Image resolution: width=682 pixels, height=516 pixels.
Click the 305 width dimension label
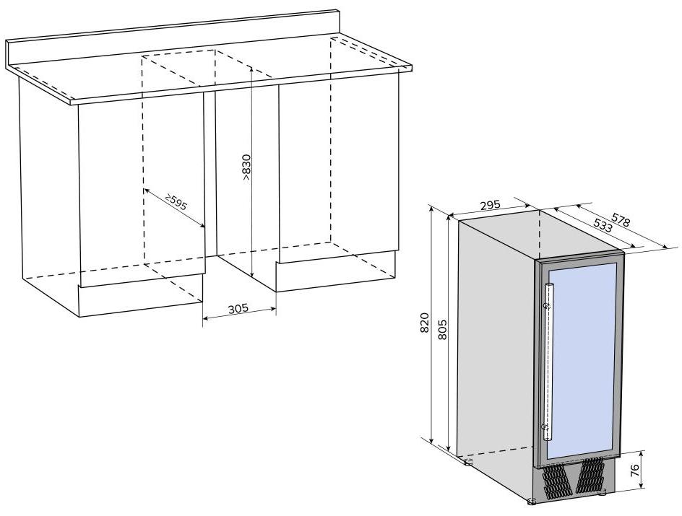[x=238, y=309]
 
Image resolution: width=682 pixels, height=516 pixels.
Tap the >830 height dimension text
[x=246, y=167]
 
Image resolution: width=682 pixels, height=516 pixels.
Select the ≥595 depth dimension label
[x=176, y=201]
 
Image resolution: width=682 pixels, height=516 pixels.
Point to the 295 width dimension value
[x=491, y=205]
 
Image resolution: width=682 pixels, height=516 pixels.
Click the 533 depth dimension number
[x=603, y=224]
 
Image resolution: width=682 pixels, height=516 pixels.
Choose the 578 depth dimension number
[x=621, y=220]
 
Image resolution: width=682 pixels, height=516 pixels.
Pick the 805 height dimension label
[x=442, y=330]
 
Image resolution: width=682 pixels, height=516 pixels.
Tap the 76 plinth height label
[x=634, y=470]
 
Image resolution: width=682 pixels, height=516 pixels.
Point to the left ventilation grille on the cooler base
[x=554, y=482]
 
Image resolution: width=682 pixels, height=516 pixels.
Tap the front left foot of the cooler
[x=532, y=502]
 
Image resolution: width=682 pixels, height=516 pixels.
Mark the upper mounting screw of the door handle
[x=547, y=306]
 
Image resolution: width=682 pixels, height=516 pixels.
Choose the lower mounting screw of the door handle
[x=545, y=427]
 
